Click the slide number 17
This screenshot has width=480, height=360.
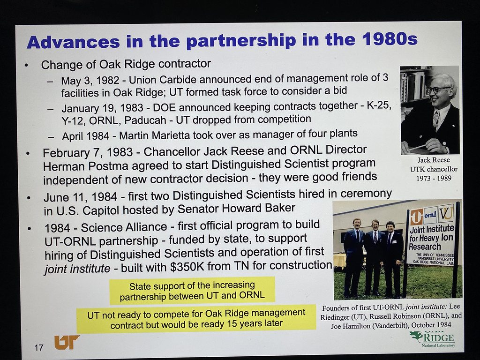tap(39, 347)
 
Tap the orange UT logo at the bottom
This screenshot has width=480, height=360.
tap(66, 342)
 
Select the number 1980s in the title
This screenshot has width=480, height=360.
tap(390, 39)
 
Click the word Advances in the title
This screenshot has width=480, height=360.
tap(73, 42)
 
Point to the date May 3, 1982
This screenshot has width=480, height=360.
tap(90, 80)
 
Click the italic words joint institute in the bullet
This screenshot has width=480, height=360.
tap(77, 269)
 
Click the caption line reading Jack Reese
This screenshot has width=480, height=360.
tap(434, 160)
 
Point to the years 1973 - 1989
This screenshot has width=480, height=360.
tap(434, 178)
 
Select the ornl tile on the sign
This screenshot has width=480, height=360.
tap(430, 215)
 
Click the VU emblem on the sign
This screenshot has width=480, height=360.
tap(446, 213)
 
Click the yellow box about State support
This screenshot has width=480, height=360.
tap(192, 291)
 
